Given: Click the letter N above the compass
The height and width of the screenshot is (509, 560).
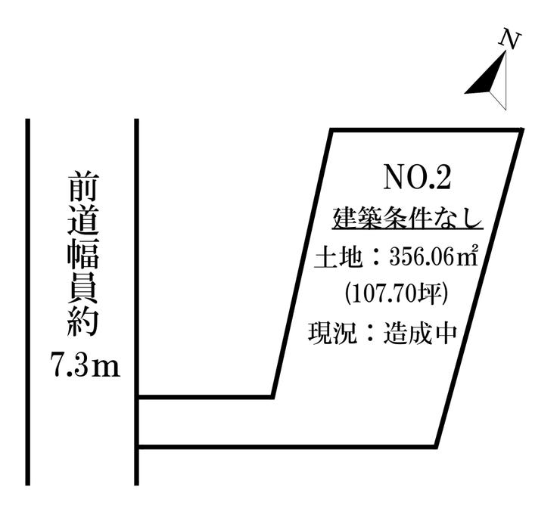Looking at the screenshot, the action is coord(510,39).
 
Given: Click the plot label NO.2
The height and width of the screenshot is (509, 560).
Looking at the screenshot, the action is coord(417,178).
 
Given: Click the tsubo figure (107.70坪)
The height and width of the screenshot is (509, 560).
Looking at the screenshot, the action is coord(396,295).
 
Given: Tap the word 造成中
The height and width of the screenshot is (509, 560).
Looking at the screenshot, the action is coord(420,334).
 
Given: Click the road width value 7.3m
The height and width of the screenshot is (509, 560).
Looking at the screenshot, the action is coord(86,365).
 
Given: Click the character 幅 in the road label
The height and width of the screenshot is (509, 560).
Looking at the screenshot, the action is coord(82,253).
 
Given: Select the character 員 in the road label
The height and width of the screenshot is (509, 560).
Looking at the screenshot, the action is coord(82,287).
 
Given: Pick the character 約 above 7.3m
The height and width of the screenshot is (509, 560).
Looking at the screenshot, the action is coord(82,321).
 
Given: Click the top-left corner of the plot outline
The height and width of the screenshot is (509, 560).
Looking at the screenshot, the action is coord(331,130).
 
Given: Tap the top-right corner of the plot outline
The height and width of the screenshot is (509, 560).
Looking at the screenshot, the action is coord(521,130).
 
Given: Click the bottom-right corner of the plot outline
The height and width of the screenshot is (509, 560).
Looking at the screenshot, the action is coord(436,446).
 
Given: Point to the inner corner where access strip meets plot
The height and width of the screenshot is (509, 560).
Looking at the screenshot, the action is coord(272,396).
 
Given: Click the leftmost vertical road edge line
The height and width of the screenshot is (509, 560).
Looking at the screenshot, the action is coord(28,302).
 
